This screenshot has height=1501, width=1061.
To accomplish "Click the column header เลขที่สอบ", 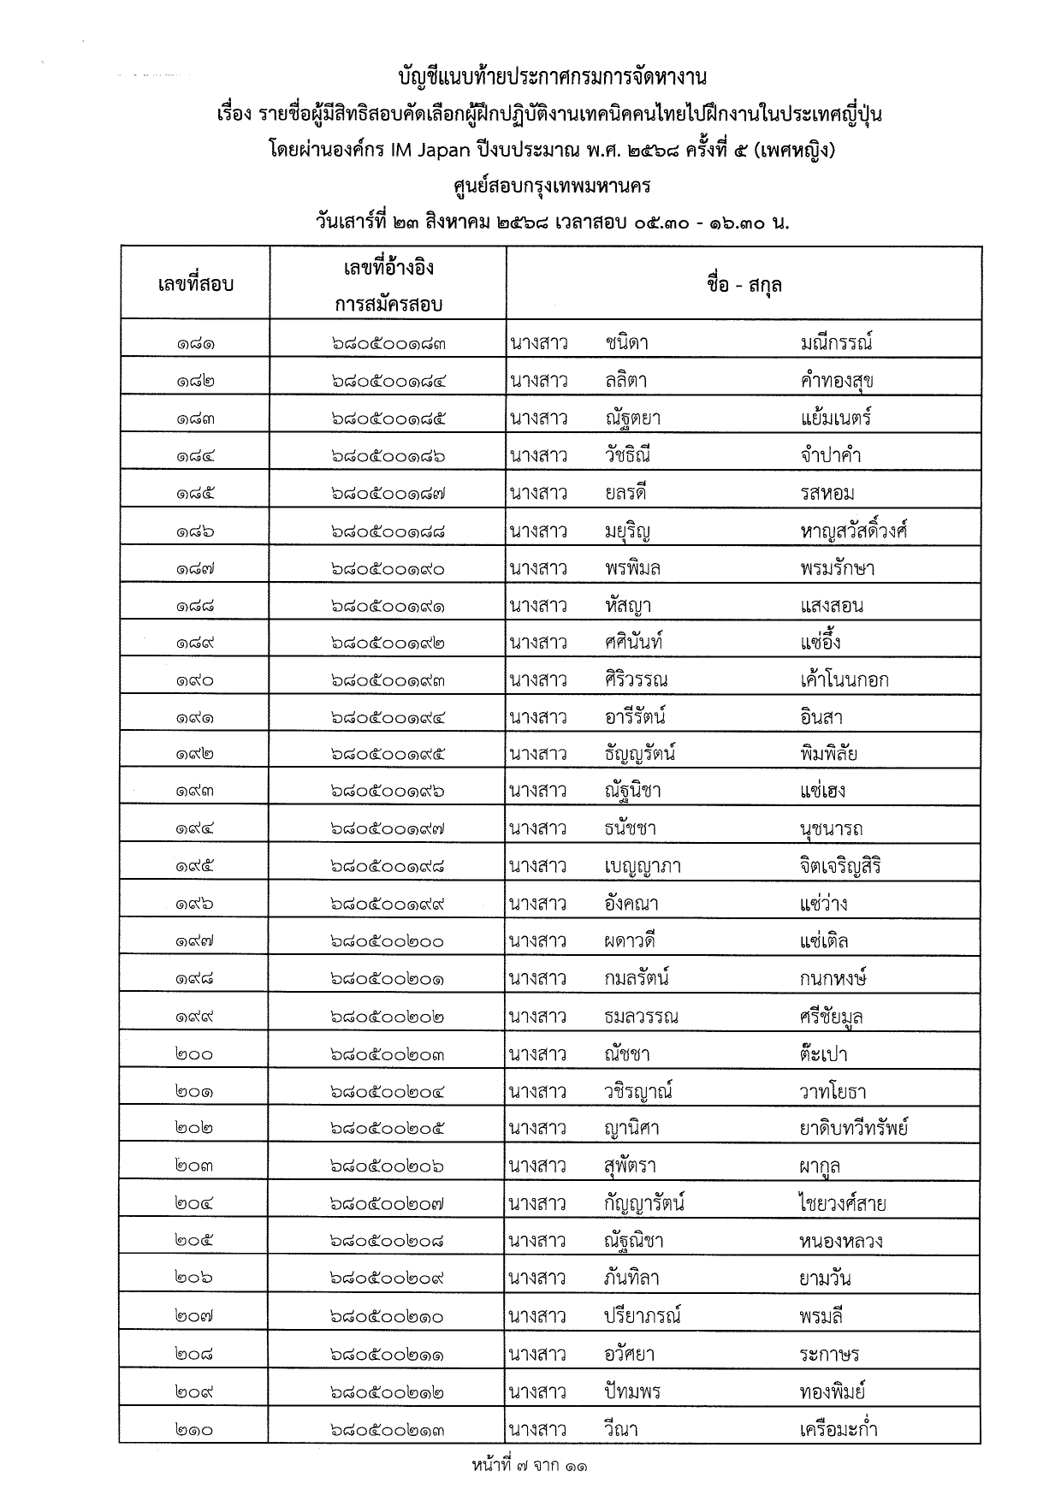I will [195, 284].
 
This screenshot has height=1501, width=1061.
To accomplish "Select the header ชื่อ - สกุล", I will [744, 284].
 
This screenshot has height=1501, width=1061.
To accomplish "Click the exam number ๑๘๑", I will [195, 344].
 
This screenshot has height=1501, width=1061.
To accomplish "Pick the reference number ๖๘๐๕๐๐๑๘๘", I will [388, 531].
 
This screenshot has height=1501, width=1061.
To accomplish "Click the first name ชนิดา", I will [626, 344].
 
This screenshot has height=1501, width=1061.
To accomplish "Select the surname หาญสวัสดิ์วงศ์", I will [853, 531].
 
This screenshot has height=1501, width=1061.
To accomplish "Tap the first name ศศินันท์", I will [633, 644].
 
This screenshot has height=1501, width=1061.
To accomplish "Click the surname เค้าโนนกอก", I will [844, 681].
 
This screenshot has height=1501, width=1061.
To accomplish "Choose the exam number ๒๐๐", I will [195, 1055].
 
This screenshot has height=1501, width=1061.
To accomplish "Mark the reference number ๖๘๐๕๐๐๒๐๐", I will [388, 942].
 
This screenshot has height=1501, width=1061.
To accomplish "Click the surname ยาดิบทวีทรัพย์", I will [853, 1129].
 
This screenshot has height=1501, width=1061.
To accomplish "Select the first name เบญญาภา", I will [642, 867].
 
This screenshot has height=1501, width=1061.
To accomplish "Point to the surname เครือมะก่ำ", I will [839, 1429].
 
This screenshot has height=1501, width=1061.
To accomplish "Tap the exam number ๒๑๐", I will [195, 1430].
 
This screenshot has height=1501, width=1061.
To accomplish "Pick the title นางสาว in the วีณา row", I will [537, 1429].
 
